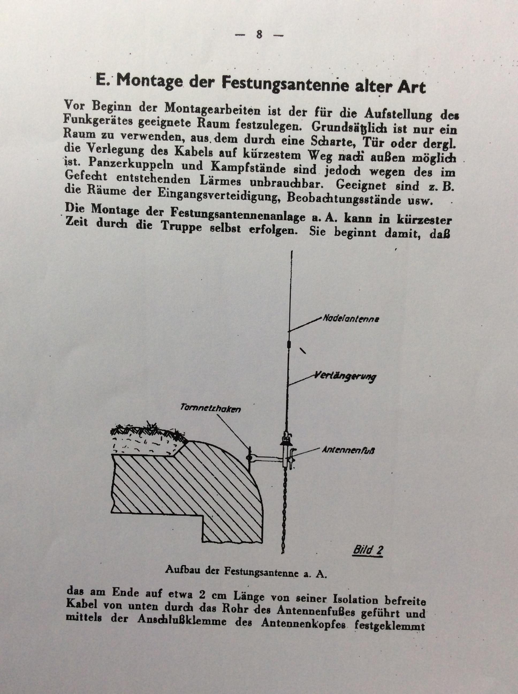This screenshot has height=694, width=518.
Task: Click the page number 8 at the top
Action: (259, 35)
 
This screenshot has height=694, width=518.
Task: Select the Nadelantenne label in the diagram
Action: (351, 319)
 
